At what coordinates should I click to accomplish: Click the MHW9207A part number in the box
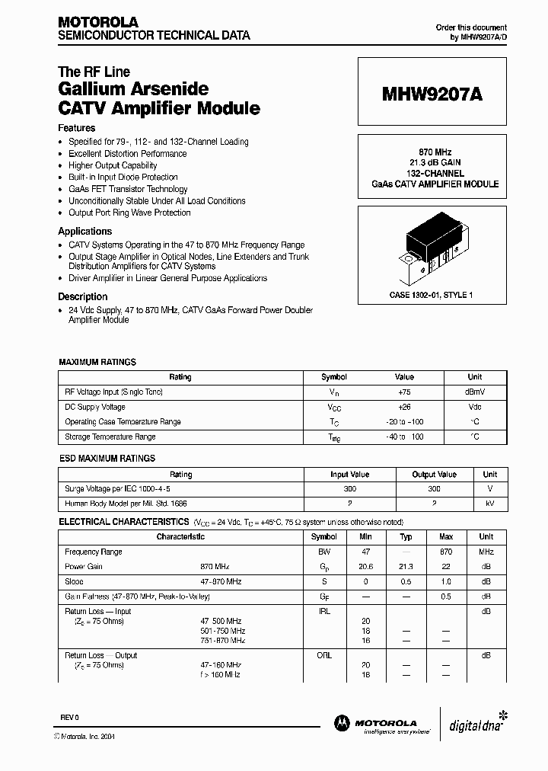tap(432, 95)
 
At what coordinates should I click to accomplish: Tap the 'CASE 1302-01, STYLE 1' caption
tap(431, 295)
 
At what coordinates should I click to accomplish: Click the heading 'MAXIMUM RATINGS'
tap(97, 363)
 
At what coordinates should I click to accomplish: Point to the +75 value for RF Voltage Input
tap(403, 392)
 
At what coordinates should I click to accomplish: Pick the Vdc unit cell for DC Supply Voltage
tap(474, 407)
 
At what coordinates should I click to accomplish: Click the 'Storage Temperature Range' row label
tap(110, 437)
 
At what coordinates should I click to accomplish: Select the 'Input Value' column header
tap(349, 474)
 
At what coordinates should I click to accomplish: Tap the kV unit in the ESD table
tap(490, 504)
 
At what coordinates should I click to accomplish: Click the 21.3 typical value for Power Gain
tap(406, 567)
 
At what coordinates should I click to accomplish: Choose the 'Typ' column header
tap(406, 537)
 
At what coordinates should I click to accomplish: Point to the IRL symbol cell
tap(323, 611)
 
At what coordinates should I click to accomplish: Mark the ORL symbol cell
tap(323, 655)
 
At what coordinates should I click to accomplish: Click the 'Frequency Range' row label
tap(94, 552)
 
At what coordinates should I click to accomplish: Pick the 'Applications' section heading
tap(85, 232)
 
